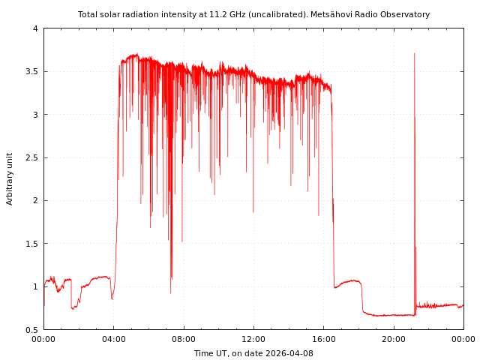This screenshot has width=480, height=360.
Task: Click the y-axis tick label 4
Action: point(34,28)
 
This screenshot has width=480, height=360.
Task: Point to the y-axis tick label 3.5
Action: point(31,72)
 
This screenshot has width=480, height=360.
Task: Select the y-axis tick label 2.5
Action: point(31,157)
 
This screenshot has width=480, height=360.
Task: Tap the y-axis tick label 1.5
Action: point(31,244)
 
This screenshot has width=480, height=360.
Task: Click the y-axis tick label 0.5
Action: point(31,330)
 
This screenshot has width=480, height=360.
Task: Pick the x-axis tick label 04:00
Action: point(113,339)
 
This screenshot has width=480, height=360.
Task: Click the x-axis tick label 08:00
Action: point(184,339)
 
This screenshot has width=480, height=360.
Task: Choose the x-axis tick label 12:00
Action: point(253,339)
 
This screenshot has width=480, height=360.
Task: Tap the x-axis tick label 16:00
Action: point(323,339)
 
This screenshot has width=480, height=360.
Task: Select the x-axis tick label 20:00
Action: point(394,339)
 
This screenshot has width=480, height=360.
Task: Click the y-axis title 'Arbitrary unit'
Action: point(10,178)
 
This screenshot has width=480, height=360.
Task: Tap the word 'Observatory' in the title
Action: point(406,14)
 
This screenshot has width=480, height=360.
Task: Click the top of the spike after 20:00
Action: point(414,53)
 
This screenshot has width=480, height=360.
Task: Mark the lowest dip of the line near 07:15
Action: point(170,292)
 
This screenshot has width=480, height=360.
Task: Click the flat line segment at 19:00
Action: point(376,315)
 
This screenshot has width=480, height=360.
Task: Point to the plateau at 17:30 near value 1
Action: point(350,281)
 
